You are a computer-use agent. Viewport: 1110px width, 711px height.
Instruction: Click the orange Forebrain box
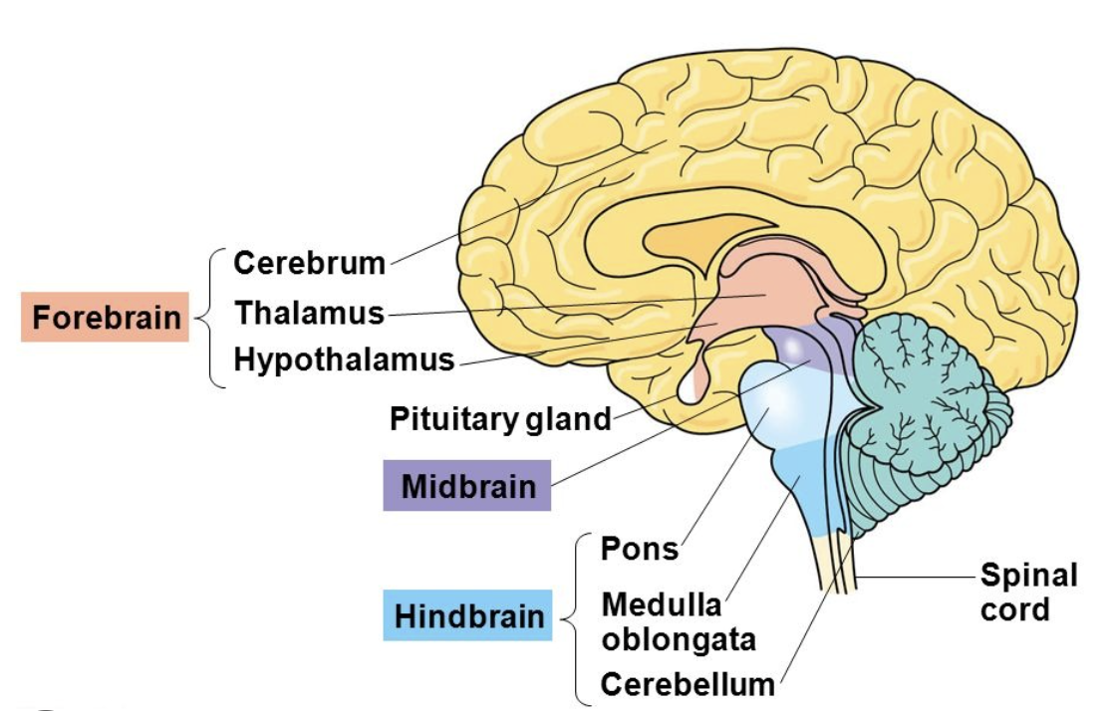[105, 317]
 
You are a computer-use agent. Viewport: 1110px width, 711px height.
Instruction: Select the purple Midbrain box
[467, 486]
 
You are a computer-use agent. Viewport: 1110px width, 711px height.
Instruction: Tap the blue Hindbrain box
[468, 615]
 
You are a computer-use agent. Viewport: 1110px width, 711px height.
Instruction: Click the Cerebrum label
[309, 264]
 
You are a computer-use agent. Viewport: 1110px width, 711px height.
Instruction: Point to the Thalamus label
[309, 313]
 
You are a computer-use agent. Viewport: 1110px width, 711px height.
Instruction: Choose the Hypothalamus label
[344, 359]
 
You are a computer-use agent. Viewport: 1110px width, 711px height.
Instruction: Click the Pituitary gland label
[500, 418]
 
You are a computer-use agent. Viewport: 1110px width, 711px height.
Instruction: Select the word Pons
[640, 549]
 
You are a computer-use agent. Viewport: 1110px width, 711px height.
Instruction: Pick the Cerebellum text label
[688, 684]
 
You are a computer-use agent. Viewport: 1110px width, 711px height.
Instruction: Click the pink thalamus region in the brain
[762, 294]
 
